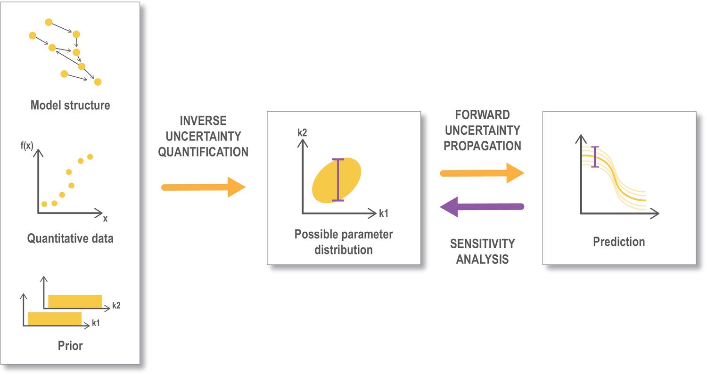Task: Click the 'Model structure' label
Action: point(70,106)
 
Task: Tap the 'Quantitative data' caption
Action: point(70,238)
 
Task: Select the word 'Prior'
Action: point(70,346)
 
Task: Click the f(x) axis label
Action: point(27,146)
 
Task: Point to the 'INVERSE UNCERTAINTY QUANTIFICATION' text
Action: point(203,136)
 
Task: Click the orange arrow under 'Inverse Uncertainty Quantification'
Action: point(203,187)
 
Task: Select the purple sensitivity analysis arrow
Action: point(482,207)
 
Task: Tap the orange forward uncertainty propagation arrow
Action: point(482,173)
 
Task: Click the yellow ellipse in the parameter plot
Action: point(337,180)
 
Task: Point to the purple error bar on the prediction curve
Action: point(595,157)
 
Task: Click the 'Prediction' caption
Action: point(619,242)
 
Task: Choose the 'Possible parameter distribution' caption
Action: point(344,242)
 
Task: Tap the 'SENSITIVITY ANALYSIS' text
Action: point(482,252)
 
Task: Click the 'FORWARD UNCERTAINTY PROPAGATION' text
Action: point(482,130)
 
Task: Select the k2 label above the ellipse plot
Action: point(303,133)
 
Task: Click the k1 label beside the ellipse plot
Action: point(384,213)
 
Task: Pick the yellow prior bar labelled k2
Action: point(75,302)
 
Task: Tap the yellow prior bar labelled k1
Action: point(55,318)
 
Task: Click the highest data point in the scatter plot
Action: point(90,157)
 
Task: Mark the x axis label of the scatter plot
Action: point(106,219)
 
